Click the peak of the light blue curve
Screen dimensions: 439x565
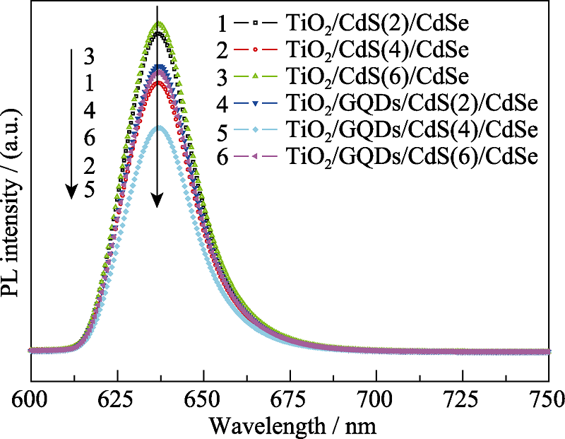coord(160,128)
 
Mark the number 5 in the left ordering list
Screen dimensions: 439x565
coord(89,191)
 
